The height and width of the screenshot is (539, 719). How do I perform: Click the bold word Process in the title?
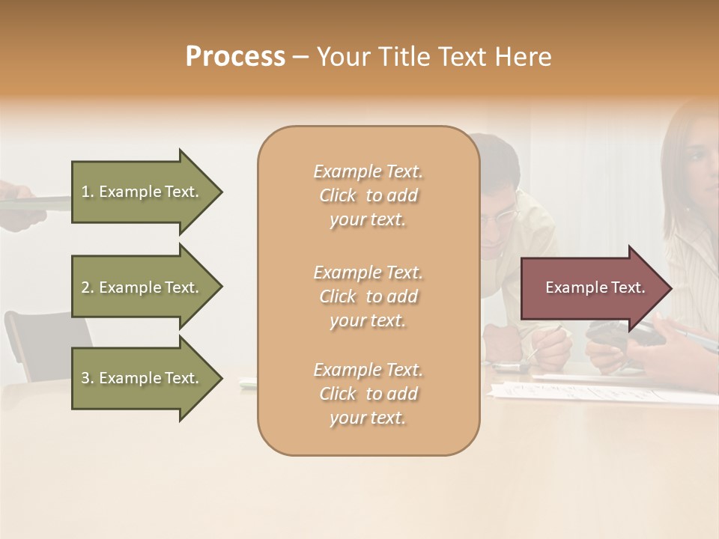pos(235,57)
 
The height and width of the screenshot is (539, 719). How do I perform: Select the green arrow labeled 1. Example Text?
pos(142,192)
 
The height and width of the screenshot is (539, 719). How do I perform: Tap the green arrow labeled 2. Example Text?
pos(142,287)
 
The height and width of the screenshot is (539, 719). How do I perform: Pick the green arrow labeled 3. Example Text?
pos(142,378)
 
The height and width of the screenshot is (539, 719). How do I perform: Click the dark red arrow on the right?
pos(592,287)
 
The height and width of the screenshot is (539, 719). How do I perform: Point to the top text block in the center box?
pos(368,195)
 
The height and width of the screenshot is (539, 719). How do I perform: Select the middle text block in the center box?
pos(368,296)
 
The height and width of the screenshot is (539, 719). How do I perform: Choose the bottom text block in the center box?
pos(368,394)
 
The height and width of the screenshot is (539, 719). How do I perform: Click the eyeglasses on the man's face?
pos(500,218)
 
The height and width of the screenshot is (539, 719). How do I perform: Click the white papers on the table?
pos(599,389)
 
